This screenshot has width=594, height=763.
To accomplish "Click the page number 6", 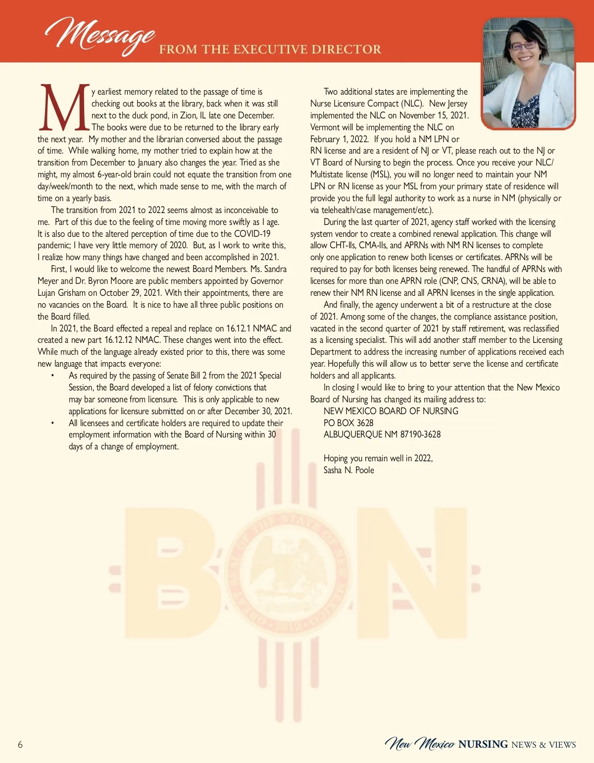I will (x=20, y=744).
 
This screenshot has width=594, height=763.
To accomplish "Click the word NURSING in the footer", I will (x=483, y=744).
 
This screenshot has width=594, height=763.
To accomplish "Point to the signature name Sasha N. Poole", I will (x=348, y=470).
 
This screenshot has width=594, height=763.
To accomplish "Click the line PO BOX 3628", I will (x=348, y=423).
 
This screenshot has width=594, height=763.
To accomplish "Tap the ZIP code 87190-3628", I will (x=420, y=435).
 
